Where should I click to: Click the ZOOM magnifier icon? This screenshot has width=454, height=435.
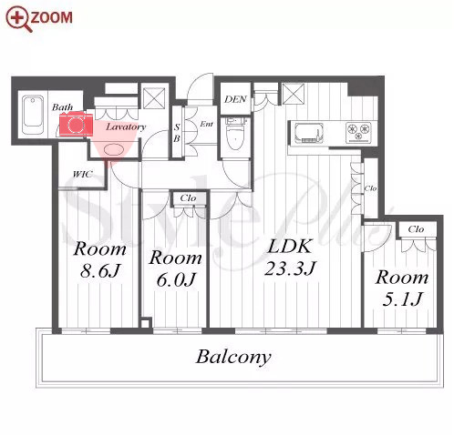(x=19, y=18)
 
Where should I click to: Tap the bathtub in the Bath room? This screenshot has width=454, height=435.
(x=33, y=116)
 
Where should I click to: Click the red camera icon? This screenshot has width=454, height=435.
(x=76, y=124)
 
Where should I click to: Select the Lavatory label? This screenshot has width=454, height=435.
(x=126, y=126)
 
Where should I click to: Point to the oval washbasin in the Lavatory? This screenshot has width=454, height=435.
(x=114, y=149)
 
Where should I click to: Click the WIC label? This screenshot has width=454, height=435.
(x=83, y=175)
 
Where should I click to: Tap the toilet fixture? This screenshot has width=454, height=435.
(x=236, y=135)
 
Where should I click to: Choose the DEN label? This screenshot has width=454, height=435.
(x=235, y=99)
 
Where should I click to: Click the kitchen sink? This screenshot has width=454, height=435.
(x=308, y=133)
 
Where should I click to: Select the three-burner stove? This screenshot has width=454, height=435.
(x=359, y=132)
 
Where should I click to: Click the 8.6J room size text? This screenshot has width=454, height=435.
(x=100, y=270)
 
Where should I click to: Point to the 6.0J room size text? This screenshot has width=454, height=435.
(x=176, y=279)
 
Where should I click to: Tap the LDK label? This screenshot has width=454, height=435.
(x=289, y=246)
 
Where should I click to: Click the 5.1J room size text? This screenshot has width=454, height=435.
(x=402, y=298)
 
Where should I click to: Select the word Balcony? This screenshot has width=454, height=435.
(x=233, y=357)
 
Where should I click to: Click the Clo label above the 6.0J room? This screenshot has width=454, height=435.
(x=188, y=198)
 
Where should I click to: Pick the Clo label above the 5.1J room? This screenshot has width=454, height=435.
(x=416, y=228)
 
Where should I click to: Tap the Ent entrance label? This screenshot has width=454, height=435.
(x=207, y=124)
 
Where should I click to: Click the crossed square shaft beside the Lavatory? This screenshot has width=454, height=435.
(x=154, y=97)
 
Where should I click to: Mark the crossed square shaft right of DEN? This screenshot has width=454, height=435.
(x=293, y=94)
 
